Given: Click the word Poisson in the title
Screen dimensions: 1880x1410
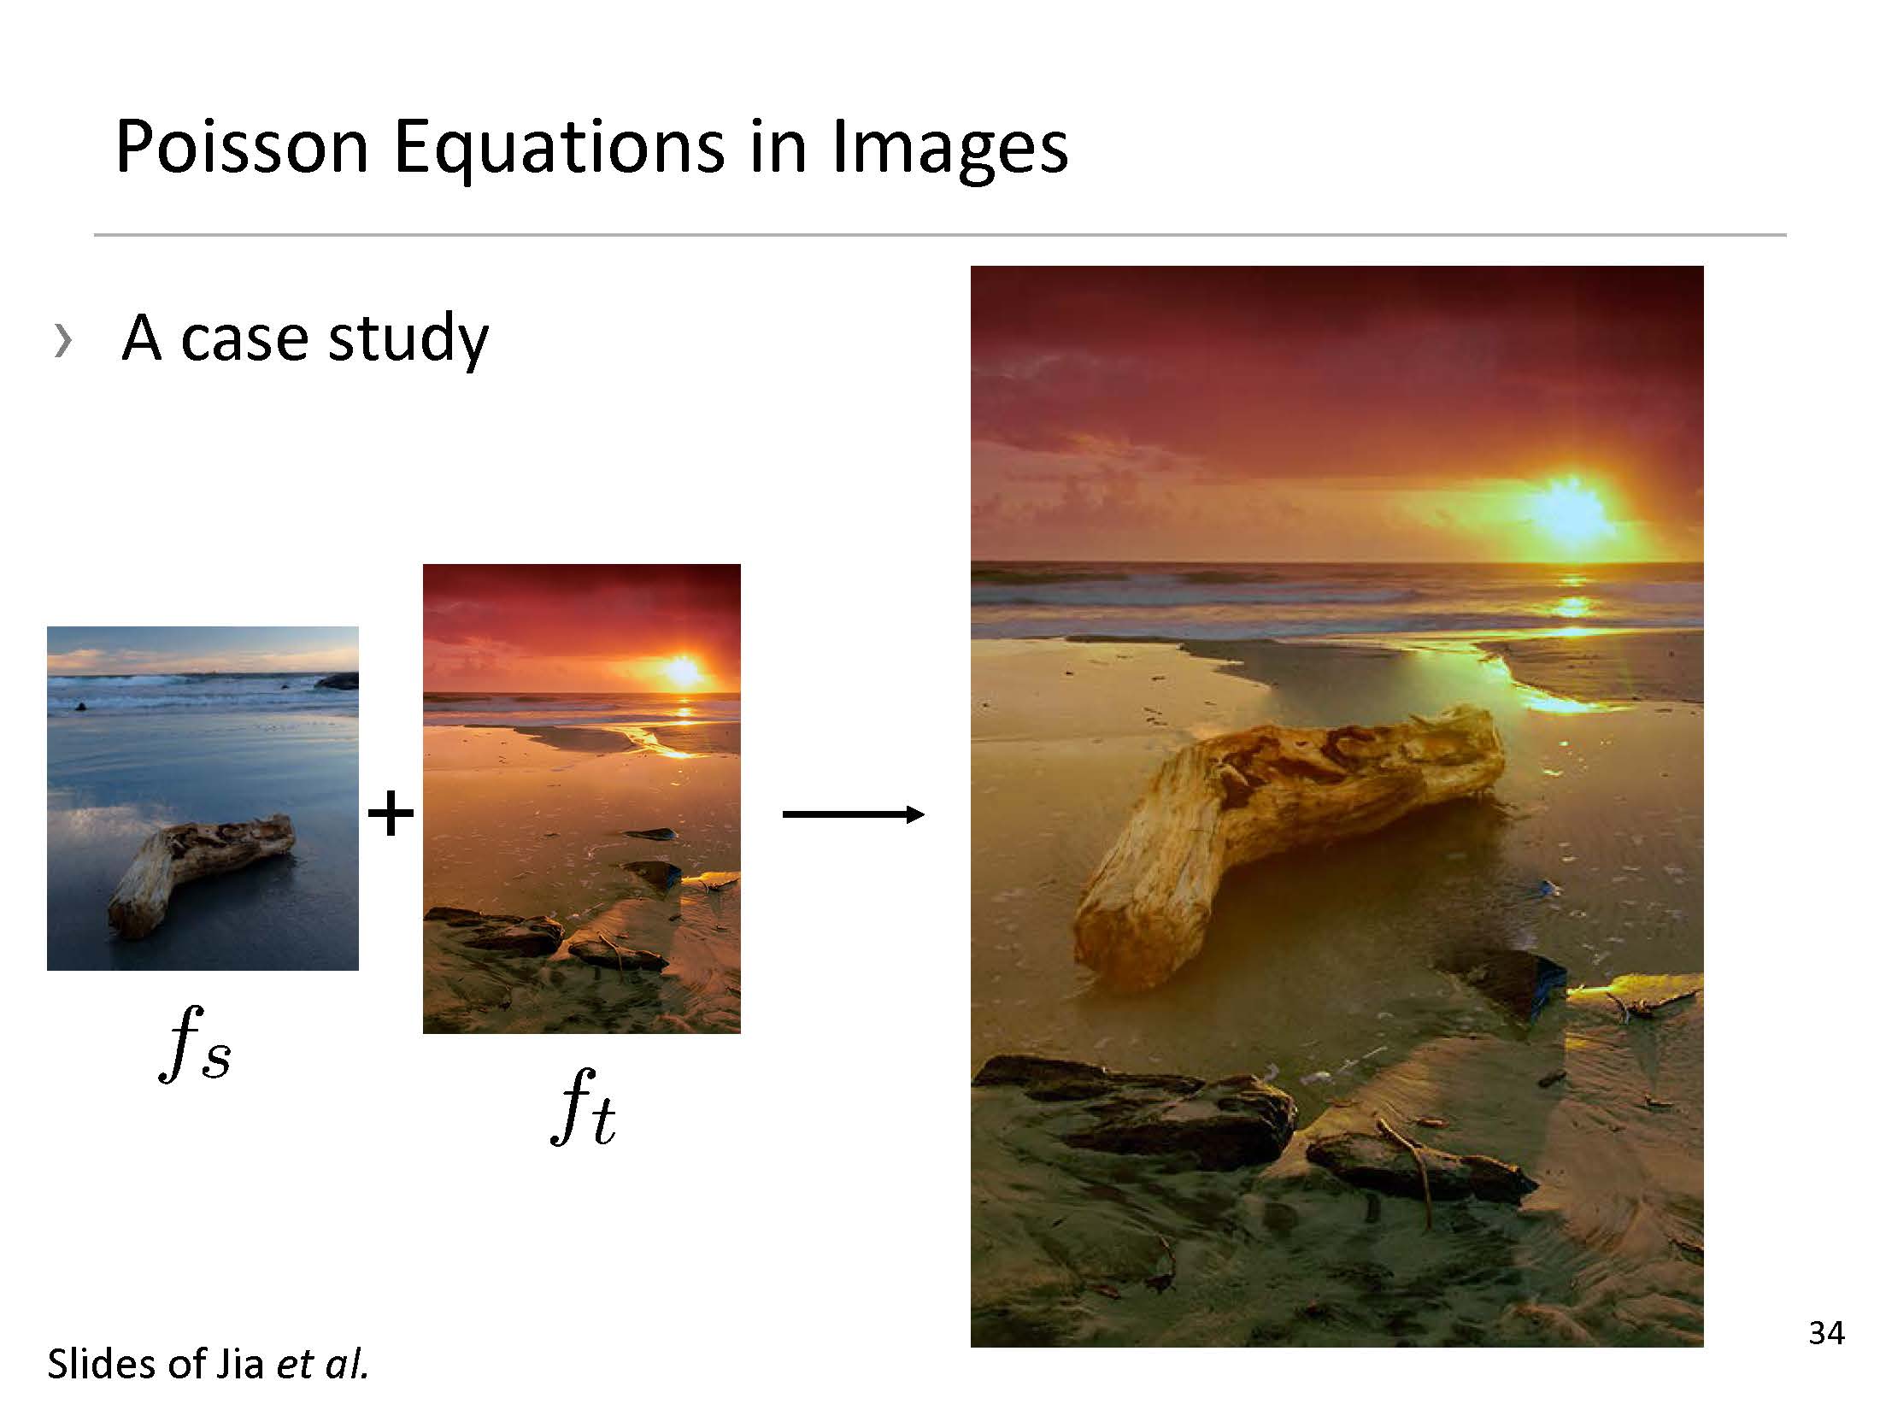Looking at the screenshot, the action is pos(242,147).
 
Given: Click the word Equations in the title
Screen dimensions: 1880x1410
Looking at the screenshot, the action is pos(559,150).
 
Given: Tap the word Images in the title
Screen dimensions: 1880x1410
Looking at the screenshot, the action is pos(949,150).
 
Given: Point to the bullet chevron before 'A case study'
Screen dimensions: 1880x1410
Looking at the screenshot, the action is pos(62,340).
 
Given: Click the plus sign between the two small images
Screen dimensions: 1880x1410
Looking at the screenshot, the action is pos(391,814).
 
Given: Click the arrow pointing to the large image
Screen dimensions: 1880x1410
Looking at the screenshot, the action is pos(854,814).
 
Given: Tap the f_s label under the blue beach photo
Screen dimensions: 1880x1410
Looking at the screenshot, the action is pos(195,1043).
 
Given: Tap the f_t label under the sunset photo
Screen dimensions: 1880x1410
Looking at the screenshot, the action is pos(583,1107).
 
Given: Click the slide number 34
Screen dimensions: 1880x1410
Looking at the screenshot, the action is pos(1826,1332).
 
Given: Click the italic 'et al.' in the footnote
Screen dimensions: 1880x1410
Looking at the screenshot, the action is pos(322,1364).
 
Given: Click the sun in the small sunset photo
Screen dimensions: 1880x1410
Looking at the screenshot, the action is pos(683,672).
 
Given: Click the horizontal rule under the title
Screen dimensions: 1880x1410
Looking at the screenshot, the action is pos(940,234).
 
